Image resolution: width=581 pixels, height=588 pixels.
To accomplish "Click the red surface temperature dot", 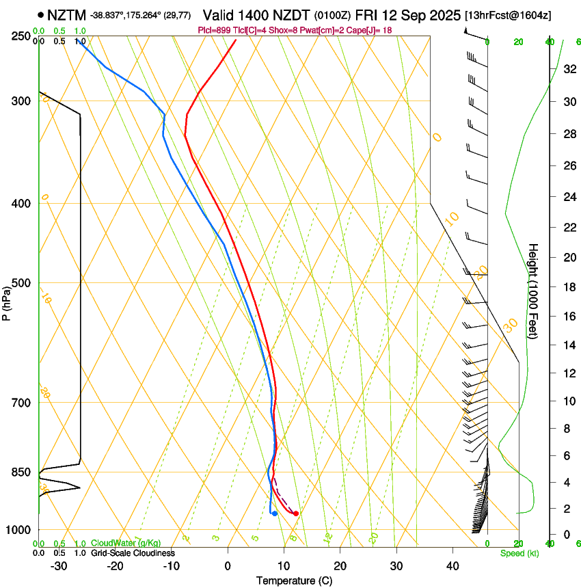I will (x=295, y=513).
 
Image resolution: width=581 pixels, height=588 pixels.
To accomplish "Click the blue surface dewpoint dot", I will (x=274, y=513).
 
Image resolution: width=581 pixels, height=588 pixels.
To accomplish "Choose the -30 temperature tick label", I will (x=59, y=566).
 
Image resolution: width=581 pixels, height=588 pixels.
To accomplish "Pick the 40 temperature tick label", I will (x=452, y=566).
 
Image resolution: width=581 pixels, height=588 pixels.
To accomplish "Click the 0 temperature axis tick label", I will (x=228, y=566).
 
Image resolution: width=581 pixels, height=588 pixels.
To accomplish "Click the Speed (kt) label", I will (x=519, y=553).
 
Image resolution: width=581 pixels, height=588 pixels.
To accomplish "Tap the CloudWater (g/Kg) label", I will (x=126, y=543).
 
